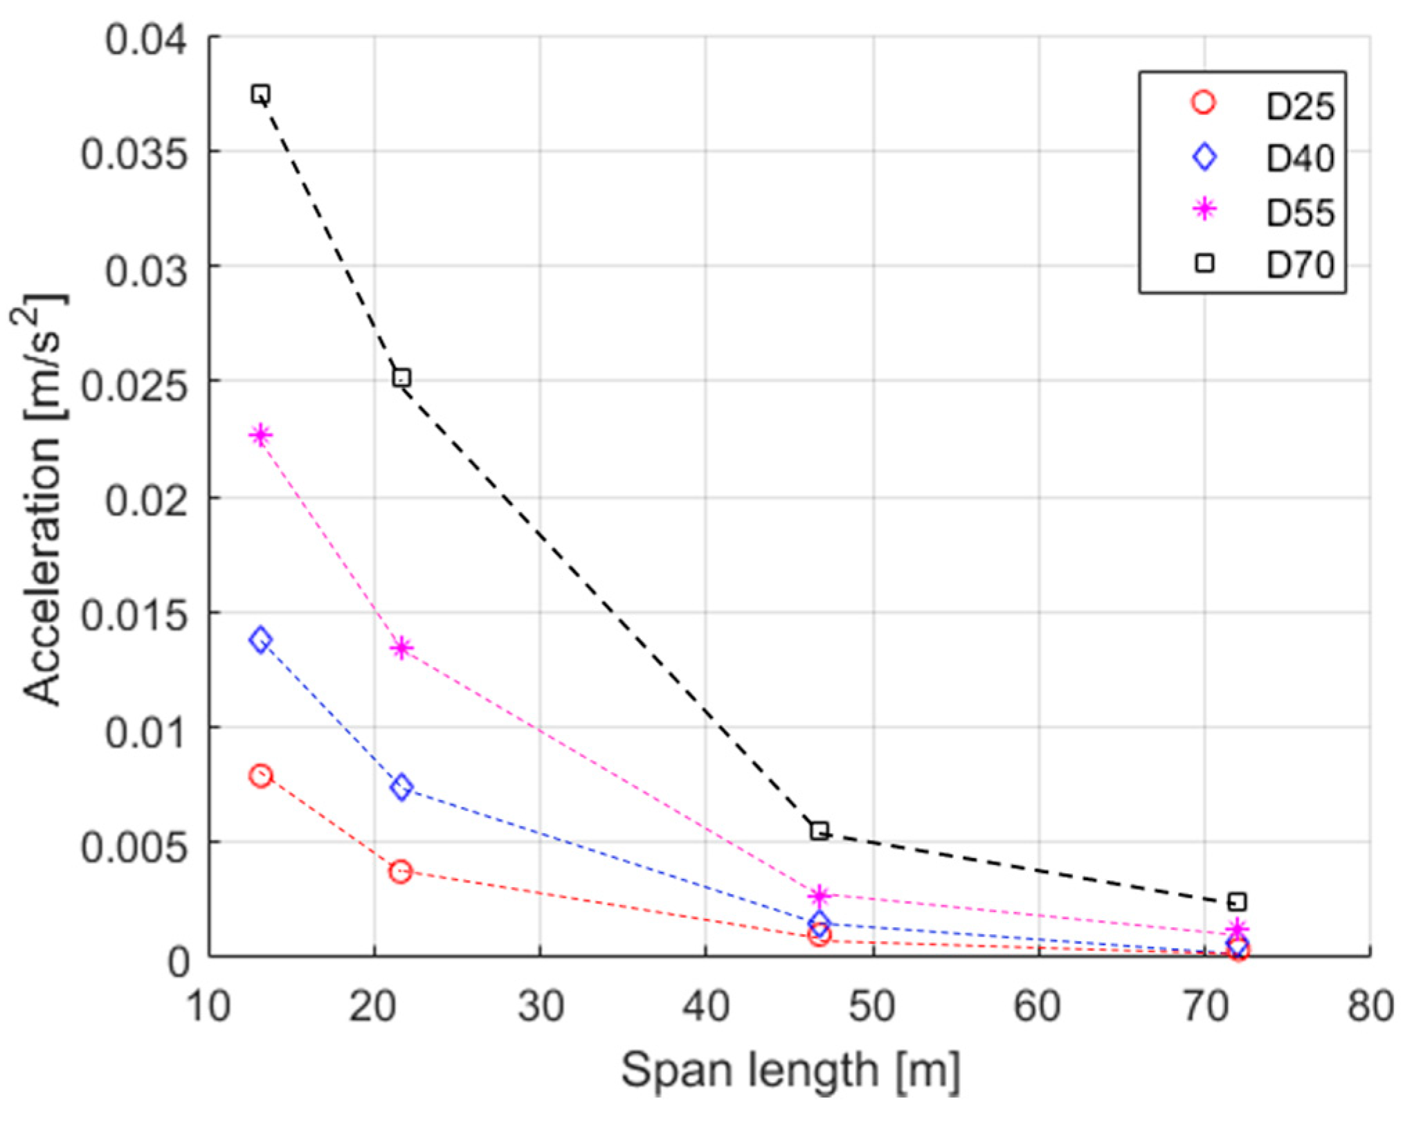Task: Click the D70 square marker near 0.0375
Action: tap(261, 94)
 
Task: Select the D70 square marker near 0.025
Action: tap(401, 378)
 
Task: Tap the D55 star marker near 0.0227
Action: tap(261, 435)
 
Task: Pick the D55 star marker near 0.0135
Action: tap(401, 648)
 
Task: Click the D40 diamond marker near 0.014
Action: tap(261, 640)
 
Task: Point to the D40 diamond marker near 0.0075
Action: tap(401, 787)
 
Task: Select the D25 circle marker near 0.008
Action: tap(261, 776)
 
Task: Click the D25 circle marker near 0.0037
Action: tap(400, 872)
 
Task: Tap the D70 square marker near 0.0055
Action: tap(819, 831)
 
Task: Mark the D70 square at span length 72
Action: tap(1238, 902)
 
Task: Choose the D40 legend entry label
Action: tap(1300, 159)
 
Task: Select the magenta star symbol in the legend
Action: tap(1205, 208)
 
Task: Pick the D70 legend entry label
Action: tap(1300, 265)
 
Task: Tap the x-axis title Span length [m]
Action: tap(790, 1071)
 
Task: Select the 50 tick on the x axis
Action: tap(872, 1007)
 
